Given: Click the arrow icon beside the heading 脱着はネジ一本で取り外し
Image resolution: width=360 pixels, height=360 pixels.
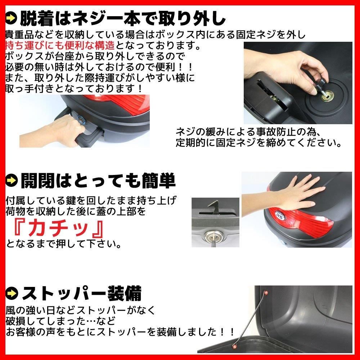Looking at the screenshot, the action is [x=11, y=19].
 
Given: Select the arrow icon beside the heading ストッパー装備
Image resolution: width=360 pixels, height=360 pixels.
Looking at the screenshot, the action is [x=12, y=293].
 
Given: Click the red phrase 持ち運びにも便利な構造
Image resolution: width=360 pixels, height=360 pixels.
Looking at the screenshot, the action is [x=60, y=45].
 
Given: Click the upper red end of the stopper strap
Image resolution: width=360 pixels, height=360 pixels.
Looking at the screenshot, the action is [x=266, y=293].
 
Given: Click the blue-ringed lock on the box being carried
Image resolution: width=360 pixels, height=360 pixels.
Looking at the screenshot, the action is [x=81, y=119].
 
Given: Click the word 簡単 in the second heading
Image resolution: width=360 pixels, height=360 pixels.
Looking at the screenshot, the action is [x=159, y=181].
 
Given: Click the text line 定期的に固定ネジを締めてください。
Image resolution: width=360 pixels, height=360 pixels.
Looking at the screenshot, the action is [x=258, y=143].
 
